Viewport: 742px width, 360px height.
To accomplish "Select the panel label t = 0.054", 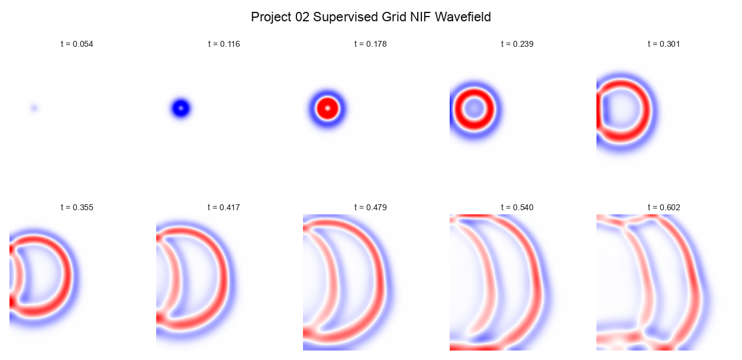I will (77, 44).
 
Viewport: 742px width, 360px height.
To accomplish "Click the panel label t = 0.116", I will (224, 44).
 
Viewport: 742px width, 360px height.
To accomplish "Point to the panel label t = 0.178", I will (370, 44).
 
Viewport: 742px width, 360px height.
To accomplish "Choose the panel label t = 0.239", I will (517, 44).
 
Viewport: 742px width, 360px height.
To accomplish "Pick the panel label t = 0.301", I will (664, 44).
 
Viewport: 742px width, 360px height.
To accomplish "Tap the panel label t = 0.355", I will (77, 207).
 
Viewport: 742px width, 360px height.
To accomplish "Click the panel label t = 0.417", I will (224, 207).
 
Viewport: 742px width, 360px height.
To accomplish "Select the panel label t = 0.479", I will (370, 207).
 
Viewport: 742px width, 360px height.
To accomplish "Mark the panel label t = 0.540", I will (517, 207).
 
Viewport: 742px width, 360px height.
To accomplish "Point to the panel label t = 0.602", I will (664, 207).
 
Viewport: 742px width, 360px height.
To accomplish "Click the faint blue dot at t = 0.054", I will (34, 108).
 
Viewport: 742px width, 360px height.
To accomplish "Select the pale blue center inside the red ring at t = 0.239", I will (473, 109).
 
